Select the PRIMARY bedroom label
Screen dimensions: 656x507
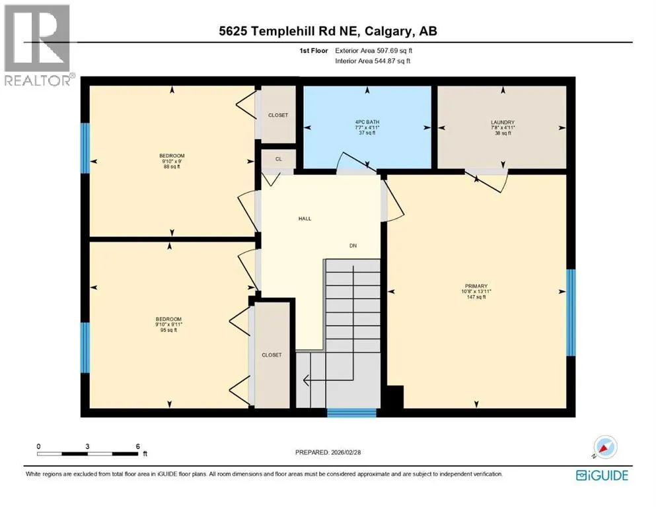tap(476, 287)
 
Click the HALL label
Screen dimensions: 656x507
tap(305, 219)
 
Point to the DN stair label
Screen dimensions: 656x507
tap(353, 246)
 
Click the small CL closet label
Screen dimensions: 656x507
tap(279, 159)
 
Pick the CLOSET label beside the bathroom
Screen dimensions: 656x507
tap(278, 115)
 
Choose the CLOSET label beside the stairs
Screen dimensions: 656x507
tap(272, 355)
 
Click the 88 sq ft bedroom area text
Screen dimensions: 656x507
tap(172, 167)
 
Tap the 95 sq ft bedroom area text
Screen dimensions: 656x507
tap(168, 330)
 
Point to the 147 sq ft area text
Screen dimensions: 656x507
tap(476, 297)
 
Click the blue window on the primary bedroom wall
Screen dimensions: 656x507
tap(571, 312)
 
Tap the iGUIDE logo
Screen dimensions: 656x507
tap(602, 476)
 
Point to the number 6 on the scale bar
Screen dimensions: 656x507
tap(137, 446)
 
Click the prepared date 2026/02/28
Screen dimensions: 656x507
tap(346, 452)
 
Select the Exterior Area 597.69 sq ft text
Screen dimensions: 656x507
tap(374, 51)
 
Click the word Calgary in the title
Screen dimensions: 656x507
tap(388, 31)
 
